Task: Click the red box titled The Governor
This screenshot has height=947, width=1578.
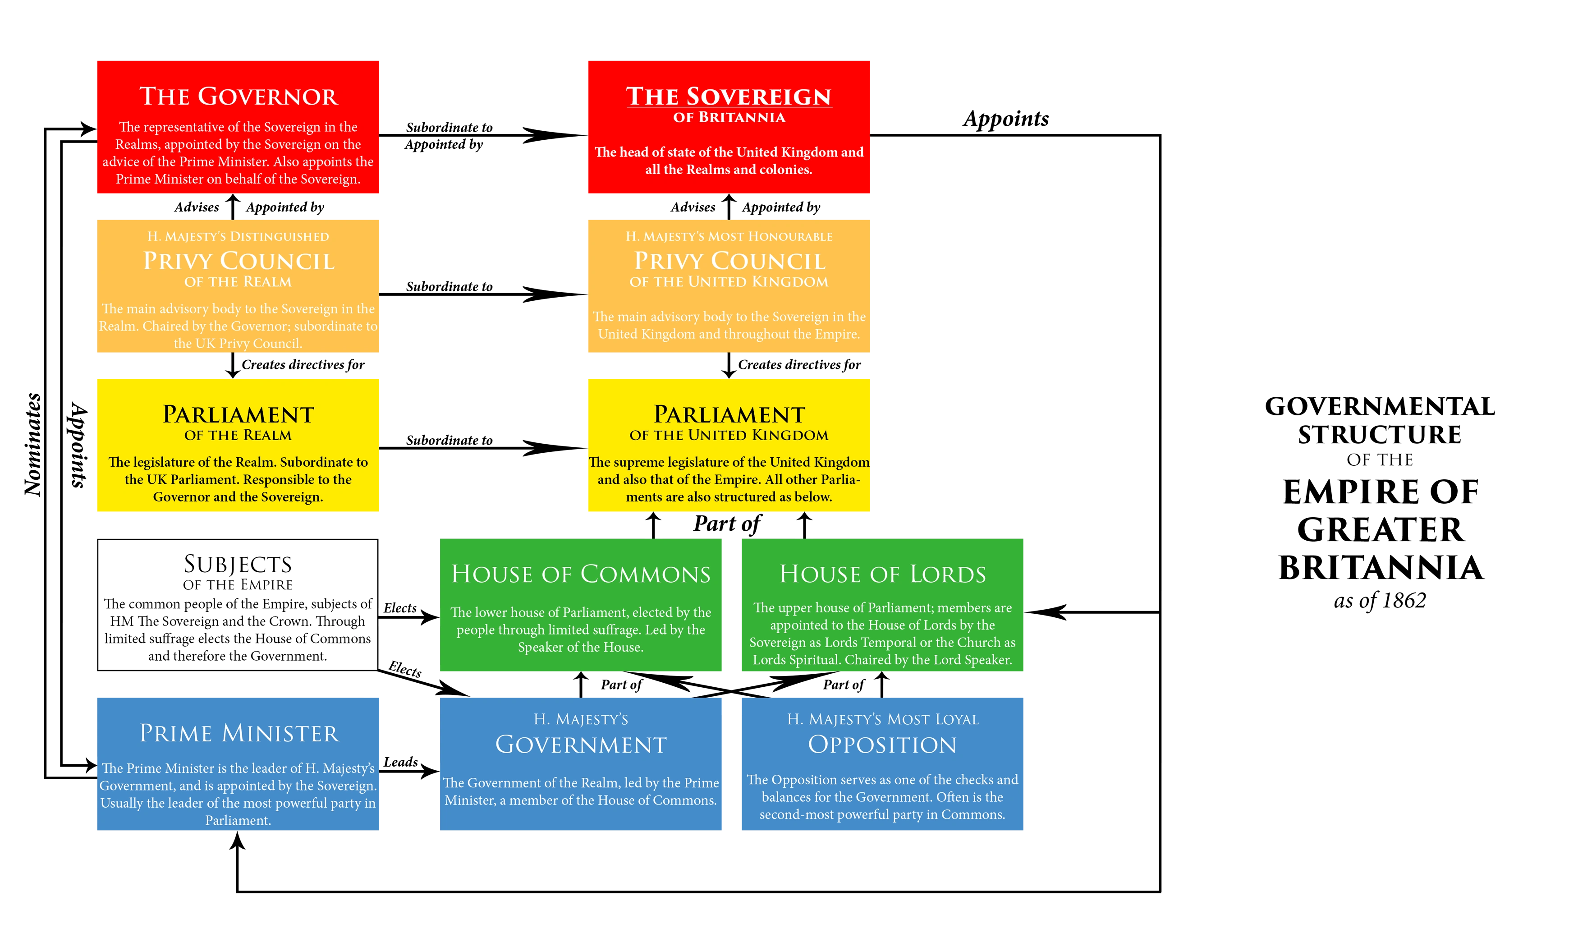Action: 238,126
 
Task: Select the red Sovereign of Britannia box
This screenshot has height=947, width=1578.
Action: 729,126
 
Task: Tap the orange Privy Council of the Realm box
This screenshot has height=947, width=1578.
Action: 238,285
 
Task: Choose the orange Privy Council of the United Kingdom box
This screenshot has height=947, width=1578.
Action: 729,285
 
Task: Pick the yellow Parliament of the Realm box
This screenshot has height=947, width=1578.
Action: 238,446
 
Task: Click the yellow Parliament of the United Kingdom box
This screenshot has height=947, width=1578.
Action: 729,446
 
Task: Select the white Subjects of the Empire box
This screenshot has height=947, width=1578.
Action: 237,605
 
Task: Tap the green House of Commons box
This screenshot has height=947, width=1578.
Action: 581,605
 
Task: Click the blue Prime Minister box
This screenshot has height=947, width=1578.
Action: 238,764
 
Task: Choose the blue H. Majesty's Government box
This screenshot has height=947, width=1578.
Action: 581,764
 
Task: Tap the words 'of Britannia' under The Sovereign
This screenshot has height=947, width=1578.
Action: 729,117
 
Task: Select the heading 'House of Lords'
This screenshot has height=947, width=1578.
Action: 882,575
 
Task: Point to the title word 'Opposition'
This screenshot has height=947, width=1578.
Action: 882,745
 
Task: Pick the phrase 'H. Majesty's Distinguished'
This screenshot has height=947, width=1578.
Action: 238,237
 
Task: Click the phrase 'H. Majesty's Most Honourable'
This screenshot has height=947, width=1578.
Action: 729,237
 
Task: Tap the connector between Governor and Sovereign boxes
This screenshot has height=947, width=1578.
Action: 485,135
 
